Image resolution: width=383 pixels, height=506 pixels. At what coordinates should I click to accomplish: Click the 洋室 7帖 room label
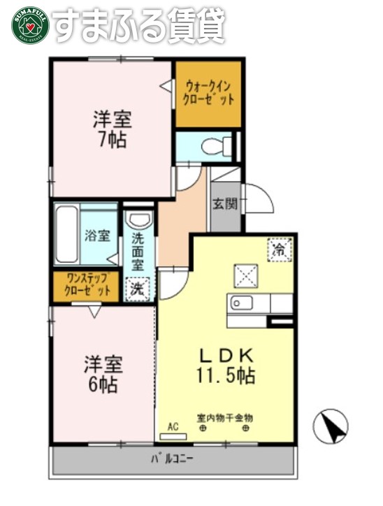[112, 128]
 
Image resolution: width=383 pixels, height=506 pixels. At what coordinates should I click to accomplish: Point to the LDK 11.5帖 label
[225, 365]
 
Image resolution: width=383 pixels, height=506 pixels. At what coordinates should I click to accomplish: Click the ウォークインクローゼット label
[208, 93]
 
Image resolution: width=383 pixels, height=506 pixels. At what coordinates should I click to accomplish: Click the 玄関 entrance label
[225, 205]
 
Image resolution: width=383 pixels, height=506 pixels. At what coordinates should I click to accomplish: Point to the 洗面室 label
[138, 251]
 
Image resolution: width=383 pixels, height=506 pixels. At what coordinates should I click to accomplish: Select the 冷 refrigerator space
[279, 248]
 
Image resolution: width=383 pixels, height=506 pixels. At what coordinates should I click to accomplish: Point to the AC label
[173, 425]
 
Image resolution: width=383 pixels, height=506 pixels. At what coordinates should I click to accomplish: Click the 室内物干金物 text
[224, 417]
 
